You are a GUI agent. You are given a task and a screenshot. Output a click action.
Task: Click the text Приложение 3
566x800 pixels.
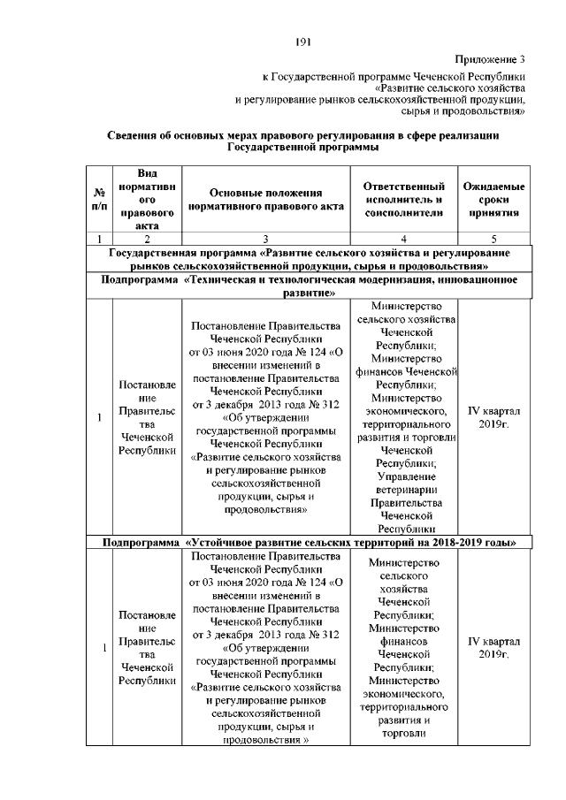(x=490, y=60)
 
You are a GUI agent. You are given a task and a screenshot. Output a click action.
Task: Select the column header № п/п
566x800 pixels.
(x=99, y=199)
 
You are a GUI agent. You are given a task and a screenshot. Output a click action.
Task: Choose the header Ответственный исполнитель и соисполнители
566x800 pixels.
(x=403, y=199)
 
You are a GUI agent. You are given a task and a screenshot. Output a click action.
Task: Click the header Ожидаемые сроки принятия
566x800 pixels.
(x=493, y=199)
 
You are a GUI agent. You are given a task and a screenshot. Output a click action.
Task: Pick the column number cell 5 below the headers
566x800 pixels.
(x=493, y=238)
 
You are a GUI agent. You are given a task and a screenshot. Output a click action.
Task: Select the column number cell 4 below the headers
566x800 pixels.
(x=403, y=238)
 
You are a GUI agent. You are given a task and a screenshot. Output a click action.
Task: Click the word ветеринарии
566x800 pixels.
(x=403, y=490)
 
